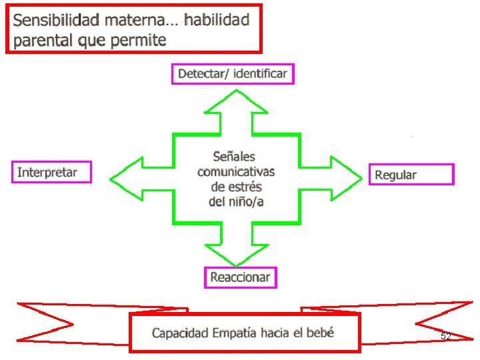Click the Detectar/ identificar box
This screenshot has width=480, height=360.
tap(233, 73)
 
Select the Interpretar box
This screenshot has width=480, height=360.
tap(51, 173)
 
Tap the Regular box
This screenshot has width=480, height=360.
tap(411, 175)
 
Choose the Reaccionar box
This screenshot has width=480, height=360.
tap(240, 277)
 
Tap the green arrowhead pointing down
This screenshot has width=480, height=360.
tap(237, 253)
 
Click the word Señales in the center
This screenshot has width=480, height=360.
tap(234, 157)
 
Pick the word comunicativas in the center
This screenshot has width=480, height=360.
tap(235, 171)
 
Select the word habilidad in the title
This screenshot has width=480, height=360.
tap(217, 19)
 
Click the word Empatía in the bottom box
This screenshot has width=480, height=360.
tap(239, 333)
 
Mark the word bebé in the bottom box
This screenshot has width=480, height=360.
tap(320, 332)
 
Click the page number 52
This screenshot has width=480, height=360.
tap(445, 337)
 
